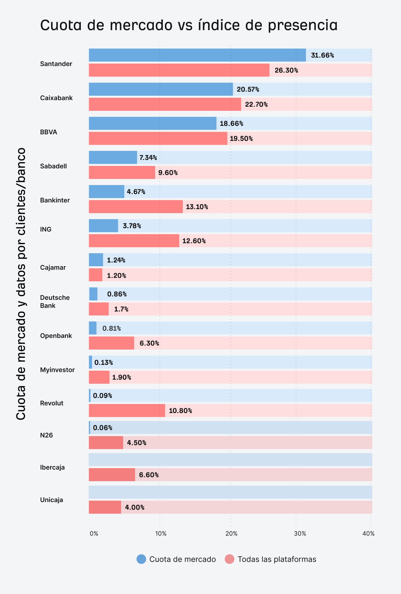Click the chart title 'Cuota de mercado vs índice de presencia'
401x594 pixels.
click(x=189, y=25)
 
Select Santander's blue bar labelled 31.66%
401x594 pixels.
click(x=197, y=55)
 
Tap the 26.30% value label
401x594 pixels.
click(x=286, y=70)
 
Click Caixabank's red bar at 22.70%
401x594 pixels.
click(x=165, y=104)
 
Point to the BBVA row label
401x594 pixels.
click(x=49, y=132)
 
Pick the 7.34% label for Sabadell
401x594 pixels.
click(x=148, y=158)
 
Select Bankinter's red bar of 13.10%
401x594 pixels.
click(x=136, y=207)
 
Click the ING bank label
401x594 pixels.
click(x=46, y=229)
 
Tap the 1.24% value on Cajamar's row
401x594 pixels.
click(x=116, y=260)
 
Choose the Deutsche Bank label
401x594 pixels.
click(x=55, y=302)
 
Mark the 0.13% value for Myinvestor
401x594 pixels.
click(x=104, y=363)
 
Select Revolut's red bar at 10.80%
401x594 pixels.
click(x=127, y=411)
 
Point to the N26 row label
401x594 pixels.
click(x=46, y=435)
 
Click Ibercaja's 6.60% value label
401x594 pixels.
click(x=149, y=475)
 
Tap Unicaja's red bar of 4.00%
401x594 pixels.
click(x=105, y=507)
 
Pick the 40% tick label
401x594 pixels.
click(x=369, y=534)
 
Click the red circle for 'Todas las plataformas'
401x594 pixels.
click(x=229, y=559)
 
